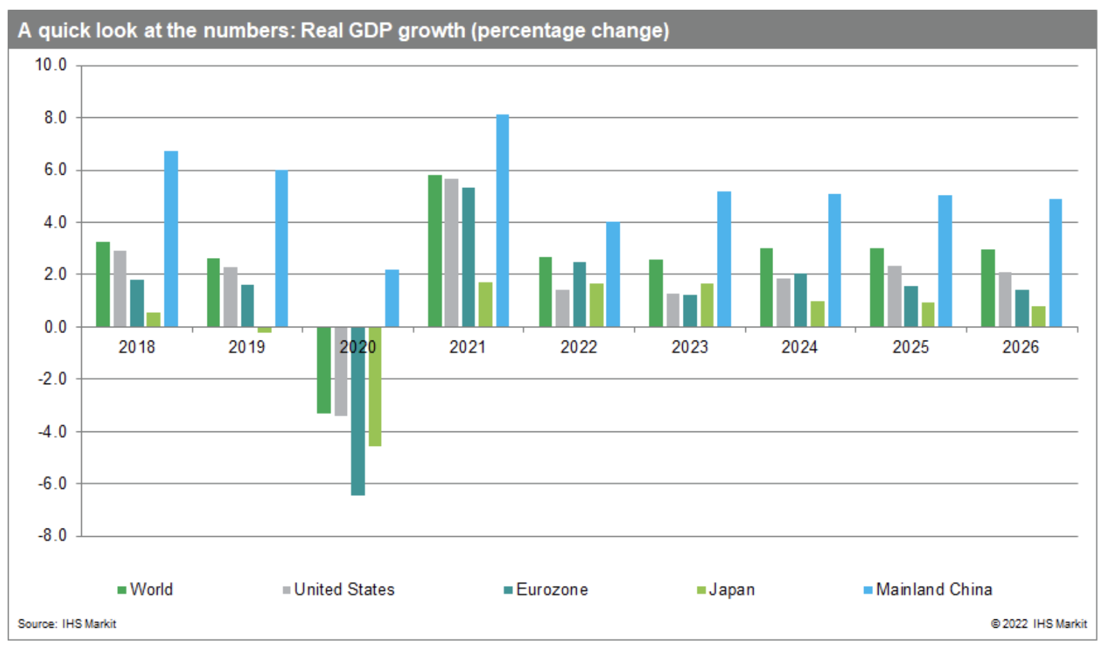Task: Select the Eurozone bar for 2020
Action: tap(358, 411)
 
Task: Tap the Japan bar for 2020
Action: tap(375, 386)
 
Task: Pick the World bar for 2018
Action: tap(103, 284)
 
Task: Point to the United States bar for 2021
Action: tap(451, 252)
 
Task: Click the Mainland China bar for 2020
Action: tap(392, 298)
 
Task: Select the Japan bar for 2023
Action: tap(706, 305)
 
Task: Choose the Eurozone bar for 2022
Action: tap(579, 294)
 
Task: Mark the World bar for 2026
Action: tap(988, 288)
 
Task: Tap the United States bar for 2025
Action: tap(894, 296)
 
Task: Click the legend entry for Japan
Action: tap(726, 590)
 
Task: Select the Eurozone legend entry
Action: tap(546, 590)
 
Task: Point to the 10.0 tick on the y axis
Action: tap(51, 65)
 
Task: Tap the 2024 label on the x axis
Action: tap(799, 347)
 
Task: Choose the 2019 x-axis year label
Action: tap(246, 347)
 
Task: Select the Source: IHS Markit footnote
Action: tap(67, 624)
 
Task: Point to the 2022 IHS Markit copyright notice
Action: tap(1039, 624)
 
